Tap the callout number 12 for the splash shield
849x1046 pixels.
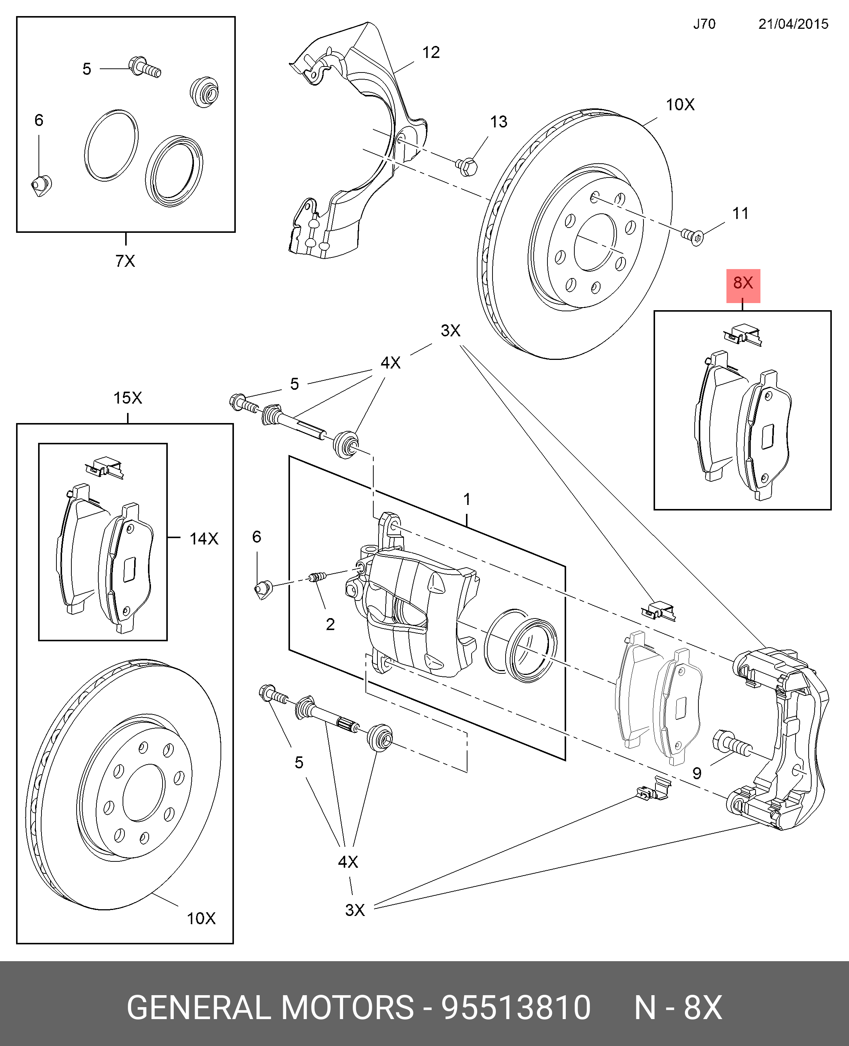point(431,52)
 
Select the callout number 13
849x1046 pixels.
point(498,122)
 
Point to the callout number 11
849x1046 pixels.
point(740,213)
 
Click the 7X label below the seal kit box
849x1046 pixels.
point(125,261)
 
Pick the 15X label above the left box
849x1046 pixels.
point(128,398)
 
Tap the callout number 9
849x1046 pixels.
point(697,773)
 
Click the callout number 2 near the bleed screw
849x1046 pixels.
point(330,624)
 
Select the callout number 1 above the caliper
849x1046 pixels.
point(467,499)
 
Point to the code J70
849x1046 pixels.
point(704,24)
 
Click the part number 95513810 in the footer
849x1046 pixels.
point(516,1008)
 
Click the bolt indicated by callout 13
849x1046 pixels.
point(467,167)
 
